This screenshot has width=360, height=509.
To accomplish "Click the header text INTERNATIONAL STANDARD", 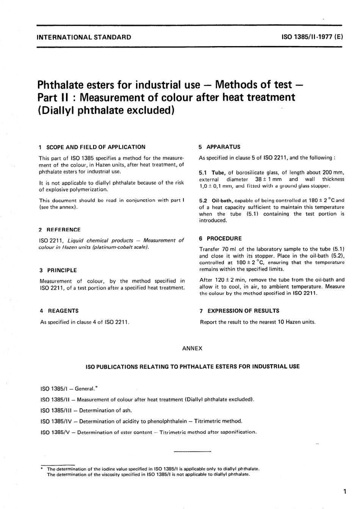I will click(84, 37).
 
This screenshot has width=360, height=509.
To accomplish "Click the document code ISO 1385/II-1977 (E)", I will click(312, 37).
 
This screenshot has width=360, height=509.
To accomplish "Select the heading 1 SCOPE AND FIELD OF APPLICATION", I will click(92, 147).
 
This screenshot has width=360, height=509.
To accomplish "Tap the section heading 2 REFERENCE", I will click(60, 230).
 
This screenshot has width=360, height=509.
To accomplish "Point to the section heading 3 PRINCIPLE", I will click(58, 270).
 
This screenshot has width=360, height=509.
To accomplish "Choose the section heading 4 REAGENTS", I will click(59, 311).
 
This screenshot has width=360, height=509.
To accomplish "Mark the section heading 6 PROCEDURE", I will click(220, 239).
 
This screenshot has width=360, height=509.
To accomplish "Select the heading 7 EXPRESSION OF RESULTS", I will click(239, 311).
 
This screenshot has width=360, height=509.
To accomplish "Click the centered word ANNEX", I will click(192, 348).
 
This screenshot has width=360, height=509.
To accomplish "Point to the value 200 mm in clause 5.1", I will click(333, 173).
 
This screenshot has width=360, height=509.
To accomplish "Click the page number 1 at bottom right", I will click(344, 492).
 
